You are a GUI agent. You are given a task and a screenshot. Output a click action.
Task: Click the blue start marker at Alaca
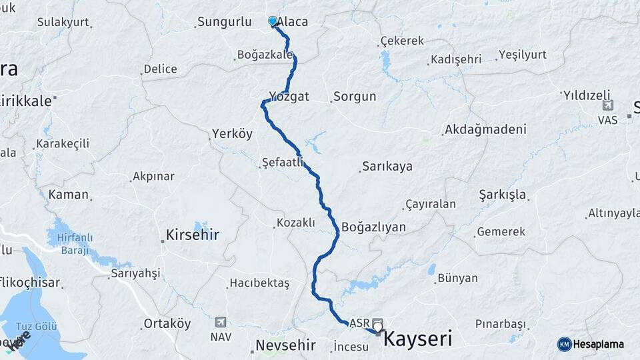[273, 21]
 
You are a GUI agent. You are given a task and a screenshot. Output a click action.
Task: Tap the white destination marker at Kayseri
[379, 326]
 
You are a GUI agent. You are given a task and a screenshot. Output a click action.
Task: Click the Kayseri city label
[419, 338]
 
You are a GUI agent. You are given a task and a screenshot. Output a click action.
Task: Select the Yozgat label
[289, 97]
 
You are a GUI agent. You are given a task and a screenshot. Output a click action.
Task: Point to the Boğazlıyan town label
[373, 227]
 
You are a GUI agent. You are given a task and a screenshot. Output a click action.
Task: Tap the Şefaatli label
[283, 162]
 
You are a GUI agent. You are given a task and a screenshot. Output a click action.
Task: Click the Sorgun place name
[355, 97]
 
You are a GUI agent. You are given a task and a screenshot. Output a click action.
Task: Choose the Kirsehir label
[192, 235]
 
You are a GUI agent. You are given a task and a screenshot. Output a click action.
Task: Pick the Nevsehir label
[285, 347]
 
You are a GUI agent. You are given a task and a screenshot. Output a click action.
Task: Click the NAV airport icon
[221, 323]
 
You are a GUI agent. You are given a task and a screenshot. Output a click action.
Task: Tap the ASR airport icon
[377, 322]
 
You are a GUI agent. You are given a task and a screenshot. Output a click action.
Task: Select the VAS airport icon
[607, 106]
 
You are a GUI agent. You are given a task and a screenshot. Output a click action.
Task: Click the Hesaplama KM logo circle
[565, 344]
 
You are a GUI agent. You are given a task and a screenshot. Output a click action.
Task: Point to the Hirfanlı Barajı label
[74, 243]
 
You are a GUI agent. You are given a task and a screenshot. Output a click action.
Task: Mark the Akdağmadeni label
[485, 129]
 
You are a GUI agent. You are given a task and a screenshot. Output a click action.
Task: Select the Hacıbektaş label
[259, 283]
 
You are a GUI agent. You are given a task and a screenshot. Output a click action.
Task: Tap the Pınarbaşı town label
[501, 324]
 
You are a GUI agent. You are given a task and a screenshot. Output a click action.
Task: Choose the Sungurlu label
[223, 22]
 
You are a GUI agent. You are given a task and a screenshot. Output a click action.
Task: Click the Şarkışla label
[503, 195]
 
